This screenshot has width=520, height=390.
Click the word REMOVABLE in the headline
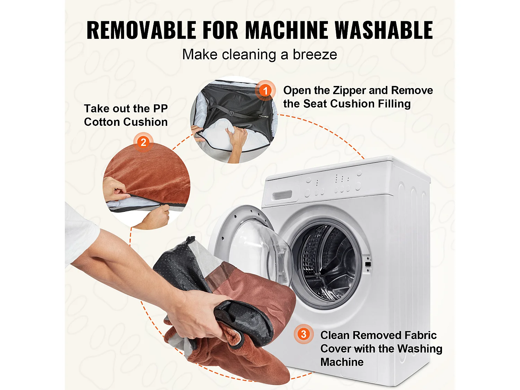click(x=141, y=30)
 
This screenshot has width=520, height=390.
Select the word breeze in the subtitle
click(x=315, y=54)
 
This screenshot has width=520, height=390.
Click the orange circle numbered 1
click(x=265, y=90)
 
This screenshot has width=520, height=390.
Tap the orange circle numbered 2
click(x=143, y=142)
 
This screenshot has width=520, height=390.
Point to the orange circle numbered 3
click(x=303, y=334)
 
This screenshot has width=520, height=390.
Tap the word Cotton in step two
click(x=102, y=122)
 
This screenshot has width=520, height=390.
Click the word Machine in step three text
click(x=342, y=362)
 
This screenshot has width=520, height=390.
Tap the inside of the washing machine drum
click(x=328, y=263)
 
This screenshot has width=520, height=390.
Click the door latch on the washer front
click(x=367, y=264)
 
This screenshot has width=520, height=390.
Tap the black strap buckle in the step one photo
click(x=231, y=113)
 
